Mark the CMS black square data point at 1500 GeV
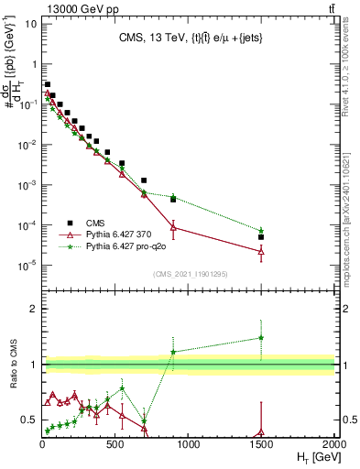point(261,237)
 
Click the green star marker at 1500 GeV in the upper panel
point(261,231)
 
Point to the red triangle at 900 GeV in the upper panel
point(173,227)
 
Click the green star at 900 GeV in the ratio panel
point(173,352)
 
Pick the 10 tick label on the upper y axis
point(28,24)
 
